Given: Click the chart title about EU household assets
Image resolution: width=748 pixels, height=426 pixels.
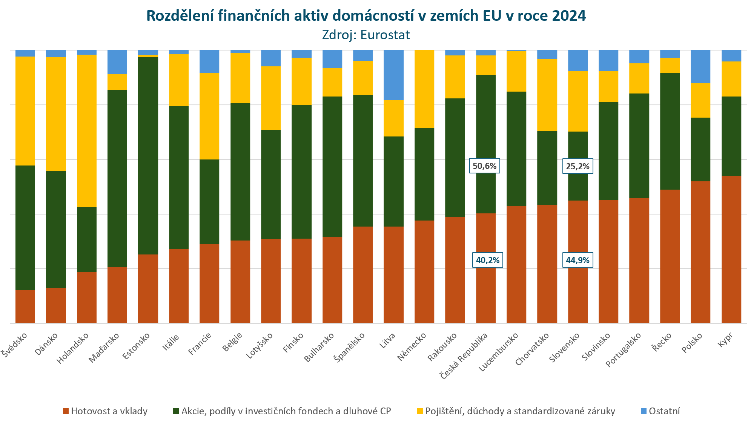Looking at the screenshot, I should pos(366,16).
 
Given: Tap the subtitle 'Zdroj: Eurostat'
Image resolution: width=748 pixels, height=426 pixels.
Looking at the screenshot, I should pos(366,35).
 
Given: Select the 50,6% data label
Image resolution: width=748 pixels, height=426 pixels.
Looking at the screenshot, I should pos(485,166).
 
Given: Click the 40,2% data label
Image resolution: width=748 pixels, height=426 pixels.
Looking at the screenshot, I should pos(487,260).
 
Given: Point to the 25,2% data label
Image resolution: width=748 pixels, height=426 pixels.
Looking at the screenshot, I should pos(578,166).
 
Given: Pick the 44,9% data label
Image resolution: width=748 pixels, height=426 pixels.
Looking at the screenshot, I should pos(578,260).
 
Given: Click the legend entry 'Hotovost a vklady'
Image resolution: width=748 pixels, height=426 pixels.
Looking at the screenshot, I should pos(105,411).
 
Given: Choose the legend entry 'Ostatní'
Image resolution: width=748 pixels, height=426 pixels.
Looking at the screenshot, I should pos(660,411).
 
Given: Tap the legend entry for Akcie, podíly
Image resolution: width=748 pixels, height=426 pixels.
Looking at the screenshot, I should pos(282,411).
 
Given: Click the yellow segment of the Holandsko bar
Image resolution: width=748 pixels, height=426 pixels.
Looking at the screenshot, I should pos(87,130).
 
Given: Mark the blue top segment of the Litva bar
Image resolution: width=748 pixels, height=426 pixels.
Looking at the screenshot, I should pos(393,75).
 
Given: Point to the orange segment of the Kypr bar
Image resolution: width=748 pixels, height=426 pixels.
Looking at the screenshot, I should pos(731,249).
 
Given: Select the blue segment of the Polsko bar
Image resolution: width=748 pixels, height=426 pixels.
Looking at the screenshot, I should pos(700,67).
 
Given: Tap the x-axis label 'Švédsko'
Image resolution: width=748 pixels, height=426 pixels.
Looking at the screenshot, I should pos(14,345).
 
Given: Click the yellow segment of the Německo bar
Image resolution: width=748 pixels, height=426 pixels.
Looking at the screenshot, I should pos(424,89).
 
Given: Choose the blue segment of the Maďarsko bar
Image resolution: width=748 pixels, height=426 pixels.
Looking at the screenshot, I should pos(117,62).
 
